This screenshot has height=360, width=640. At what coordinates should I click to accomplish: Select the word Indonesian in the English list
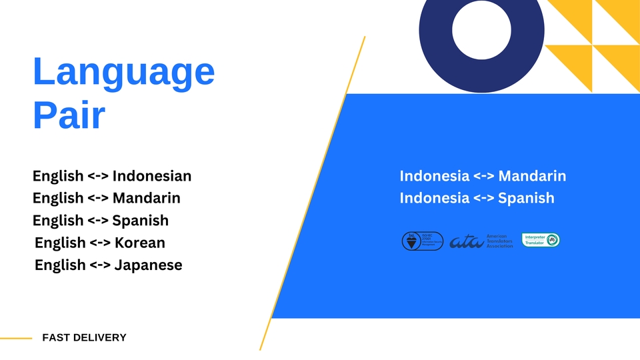pyautogui.click(x=152, y=176)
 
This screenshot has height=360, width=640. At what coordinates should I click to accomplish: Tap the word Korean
pyautogui.click(x=140, y=243)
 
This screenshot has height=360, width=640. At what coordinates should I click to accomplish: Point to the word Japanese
pyautogui.click(x=149, y=265)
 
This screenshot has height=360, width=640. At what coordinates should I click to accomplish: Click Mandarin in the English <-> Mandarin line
pyautogui.click(x=147, y=198)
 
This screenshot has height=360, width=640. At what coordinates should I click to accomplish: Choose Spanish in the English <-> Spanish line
pyautogui.click(x=141, y=220)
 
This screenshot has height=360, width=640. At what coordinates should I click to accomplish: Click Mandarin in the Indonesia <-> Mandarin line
pyautogui.click(x=532, y=176)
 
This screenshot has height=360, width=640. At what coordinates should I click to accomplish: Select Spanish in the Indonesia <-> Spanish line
pyautogui.click(x=526, y=198)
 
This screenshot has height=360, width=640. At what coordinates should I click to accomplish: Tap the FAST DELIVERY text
pyautogui.click(x=84, y=337)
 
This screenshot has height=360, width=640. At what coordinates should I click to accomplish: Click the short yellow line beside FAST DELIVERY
pyautogui.click(x=16, y=339)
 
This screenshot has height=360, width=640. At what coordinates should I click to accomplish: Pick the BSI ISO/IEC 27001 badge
pyautogui.click(x=422, y=241)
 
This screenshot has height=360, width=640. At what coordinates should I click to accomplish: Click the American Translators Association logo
pyautogui.click(x=481, y=241)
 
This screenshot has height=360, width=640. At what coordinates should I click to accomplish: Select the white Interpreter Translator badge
pyautogui.click(x=541, y=240)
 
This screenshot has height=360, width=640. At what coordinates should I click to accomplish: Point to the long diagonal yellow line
pyautogui.click(x=313, y=193)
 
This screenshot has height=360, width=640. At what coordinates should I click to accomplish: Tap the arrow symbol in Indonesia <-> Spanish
pyautogui.click(x=483, y=198)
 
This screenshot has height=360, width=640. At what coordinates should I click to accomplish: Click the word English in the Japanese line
pyautogui.click(x=60, y=265)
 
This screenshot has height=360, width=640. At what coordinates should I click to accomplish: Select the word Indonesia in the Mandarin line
pyautogui.click(x=435, y=176)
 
